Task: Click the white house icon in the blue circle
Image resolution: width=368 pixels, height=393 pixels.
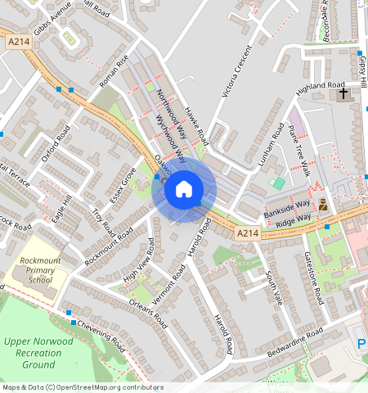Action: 184,189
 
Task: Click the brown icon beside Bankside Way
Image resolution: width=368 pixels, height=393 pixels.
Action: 323,205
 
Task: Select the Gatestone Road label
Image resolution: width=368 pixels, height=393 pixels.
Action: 316,279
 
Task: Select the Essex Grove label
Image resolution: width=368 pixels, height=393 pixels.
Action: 124,186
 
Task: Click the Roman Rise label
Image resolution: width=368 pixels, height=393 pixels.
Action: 114,71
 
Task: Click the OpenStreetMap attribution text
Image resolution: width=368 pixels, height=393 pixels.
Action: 83,387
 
